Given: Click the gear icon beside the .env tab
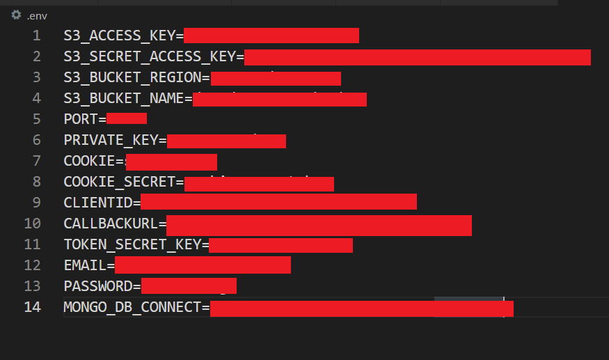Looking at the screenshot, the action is tap(16, 15).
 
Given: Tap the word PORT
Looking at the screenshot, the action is tap(80, 119).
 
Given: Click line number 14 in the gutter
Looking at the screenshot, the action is tap(32, 307).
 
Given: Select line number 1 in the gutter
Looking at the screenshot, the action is tap(36, 36).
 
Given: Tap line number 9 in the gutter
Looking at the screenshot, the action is tap(36, 203).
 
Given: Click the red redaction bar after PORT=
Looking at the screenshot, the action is tap(127, 118).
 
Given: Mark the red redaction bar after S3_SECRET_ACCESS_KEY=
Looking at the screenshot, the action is tap(418, 57).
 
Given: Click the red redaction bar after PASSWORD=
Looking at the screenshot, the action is tap(189, 285).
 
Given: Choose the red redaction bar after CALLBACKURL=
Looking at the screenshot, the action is tap(319, 226).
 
